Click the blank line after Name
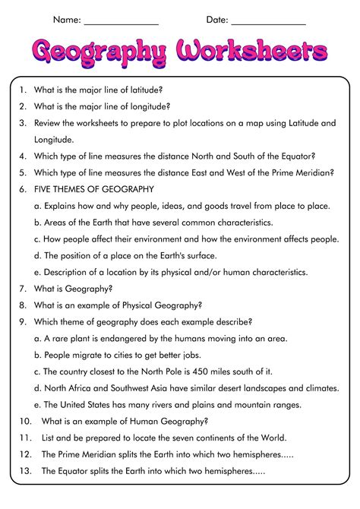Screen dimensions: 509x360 (122, 24)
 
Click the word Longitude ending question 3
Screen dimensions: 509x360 (55, 139)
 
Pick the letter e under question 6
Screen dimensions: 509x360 (37, 271)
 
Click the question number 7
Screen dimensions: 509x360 (23, 288)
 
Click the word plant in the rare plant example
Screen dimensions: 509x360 (79, 338)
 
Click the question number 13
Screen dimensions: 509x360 (25, 471)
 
